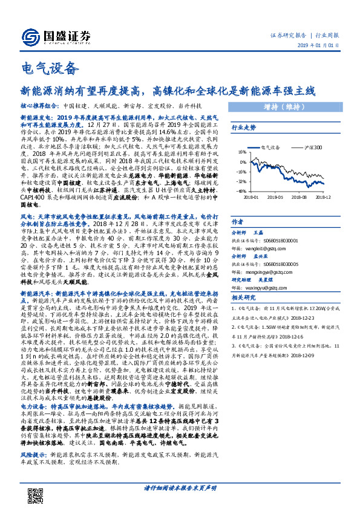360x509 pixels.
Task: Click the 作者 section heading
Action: point(238,222)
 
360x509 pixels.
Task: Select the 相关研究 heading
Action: point(244,297)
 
